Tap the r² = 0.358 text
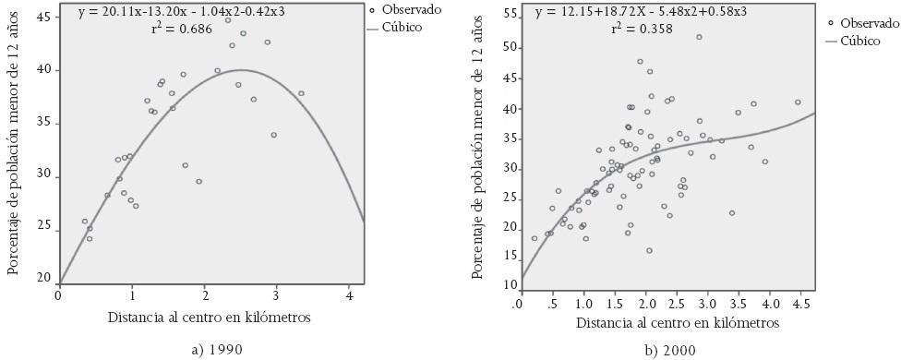click(x=633, y=30)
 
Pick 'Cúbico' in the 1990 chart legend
click(x=402, y=29)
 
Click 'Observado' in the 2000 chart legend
click(x=863, y=20)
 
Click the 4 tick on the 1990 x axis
click(x=348, y=296)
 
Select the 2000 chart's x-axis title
click(x=678, y=323)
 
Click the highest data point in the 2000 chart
click(x=699, y=37)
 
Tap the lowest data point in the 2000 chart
click(x=649, y=250)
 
